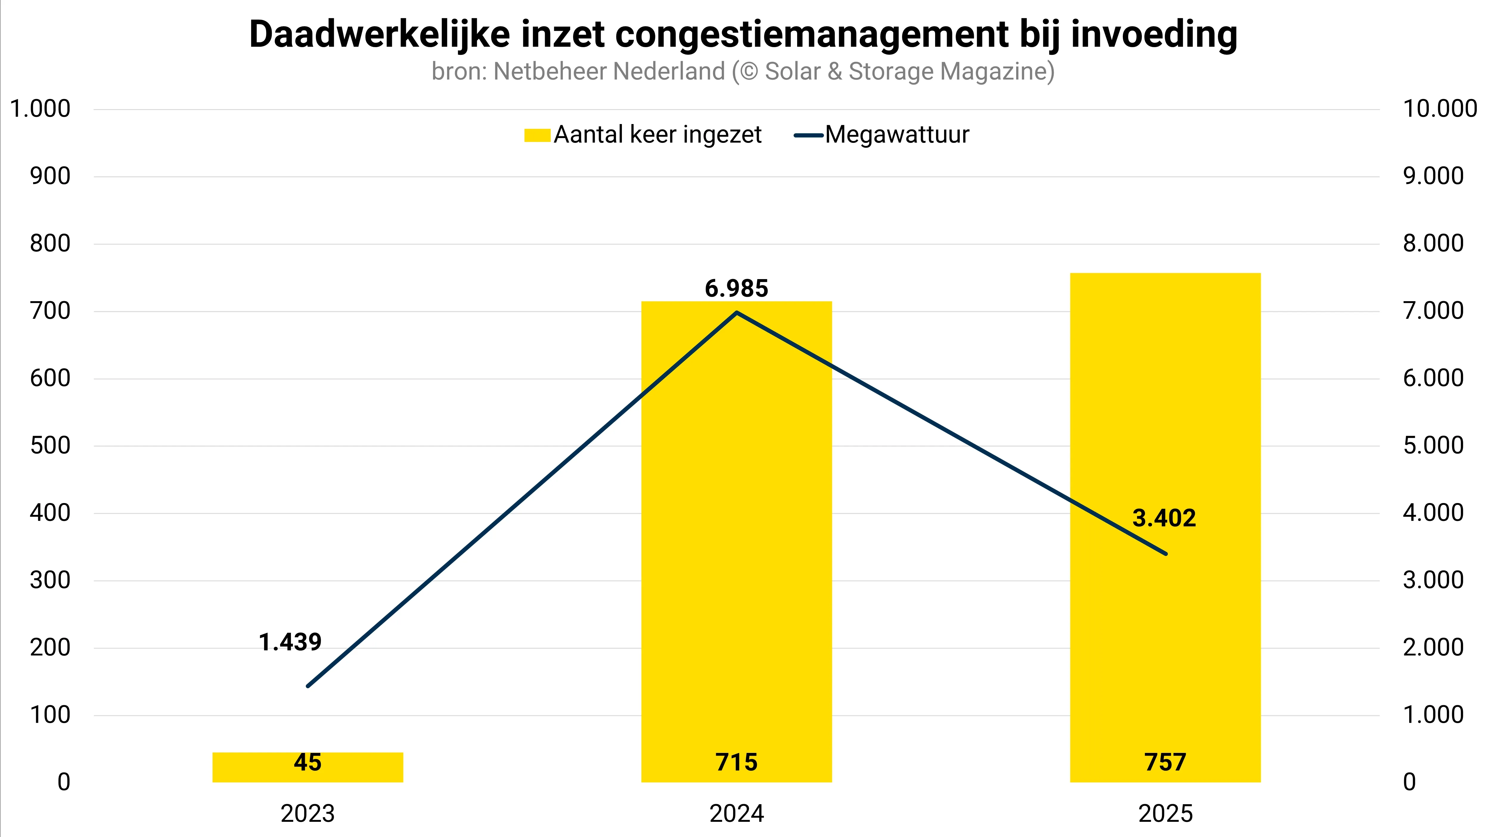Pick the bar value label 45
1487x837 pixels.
pyautogui.click(x=307, y=762)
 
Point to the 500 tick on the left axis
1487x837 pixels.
pyautogui.click(x=50, y=445)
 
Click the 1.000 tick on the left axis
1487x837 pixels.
pyautogui.click(x=41, y=109)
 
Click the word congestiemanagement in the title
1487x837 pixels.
pyautogui.click(x=811, y=35)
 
